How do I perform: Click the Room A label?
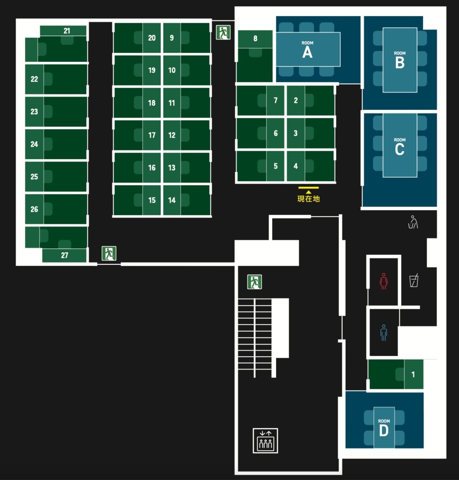(307, 50)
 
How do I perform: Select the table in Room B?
(400, 60)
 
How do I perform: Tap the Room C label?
(400, 147)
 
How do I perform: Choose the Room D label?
(384, 428)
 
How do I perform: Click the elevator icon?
(265, 441)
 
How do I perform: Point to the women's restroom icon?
(383, 281)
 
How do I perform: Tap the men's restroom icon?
(383, 333)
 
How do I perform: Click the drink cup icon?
(414, 280)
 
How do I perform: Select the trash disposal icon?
(413, 222)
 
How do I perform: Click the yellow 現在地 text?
(309, 199)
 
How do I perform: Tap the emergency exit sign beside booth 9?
(223, 32)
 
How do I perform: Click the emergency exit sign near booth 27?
(109, 253)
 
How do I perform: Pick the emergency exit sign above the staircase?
(255, 282)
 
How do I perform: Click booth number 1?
(413, 374)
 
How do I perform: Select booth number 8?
(255, 38)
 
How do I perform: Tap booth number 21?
(67, 31)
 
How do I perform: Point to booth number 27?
(65, 255)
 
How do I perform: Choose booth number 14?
(172, 200)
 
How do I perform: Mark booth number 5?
(276, 166)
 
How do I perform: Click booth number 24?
(34, 144)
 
